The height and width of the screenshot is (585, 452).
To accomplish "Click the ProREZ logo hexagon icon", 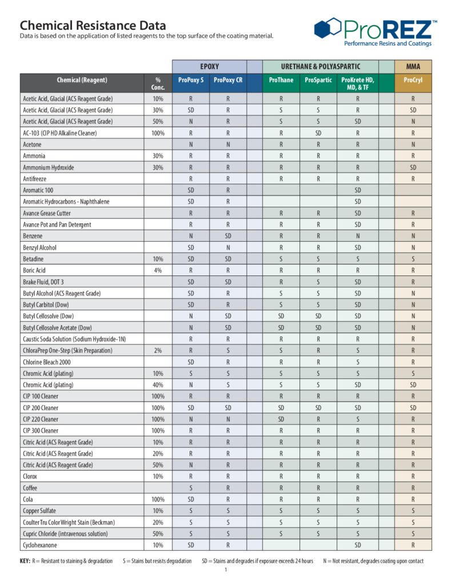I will (327, 28).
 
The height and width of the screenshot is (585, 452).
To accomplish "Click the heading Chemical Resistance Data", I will (93, 26).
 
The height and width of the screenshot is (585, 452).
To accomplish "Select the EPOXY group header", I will (209, 66).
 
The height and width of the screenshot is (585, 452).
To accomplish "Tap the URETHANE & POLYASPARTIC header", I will (320, 66).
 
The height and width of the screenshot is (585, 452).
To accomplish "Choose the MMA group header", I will (413, 66).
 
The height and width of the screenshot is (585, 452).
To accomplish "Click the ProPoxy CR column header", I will (227, 81).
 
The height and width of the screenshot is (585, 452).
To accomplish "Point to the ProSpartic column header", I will (318, 81).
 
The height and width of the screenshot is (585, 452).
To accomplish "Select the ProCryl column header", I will (413, 81).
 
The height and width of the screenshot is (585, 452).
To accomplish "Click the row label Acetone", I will (32, 145).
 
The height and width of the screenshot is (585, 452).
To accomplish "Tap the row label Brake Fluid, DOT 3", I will (43, 282).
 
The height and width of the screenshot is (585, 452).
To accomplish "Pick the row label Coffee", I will (30, 488).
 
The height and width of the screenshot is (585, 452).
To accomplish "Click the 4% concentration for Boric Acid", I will (158, 270).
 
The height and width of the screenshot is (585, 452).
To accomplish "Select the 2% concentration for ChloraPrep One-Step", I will (158, 350).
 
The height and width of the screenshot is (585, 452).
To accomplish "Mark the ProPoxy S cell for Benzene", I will (190, 236).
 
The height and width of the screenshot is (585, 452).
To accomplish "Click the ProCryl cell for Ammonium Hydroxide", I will (413, 167).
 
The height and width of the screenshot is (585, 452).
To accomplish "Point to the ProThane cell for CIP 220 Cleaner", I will (281, 419).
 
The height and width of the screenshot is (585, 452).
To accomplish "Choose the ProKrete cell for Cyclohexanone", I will (357, 545).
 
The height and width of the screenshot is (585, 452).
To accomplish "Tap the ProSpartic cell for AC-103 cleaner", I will (318, 133).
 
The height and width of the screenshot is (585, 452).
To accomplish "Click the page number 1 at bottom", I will (226, 570).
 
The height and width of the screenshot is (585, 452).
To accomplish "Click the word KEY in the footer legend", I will (25, 560).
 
